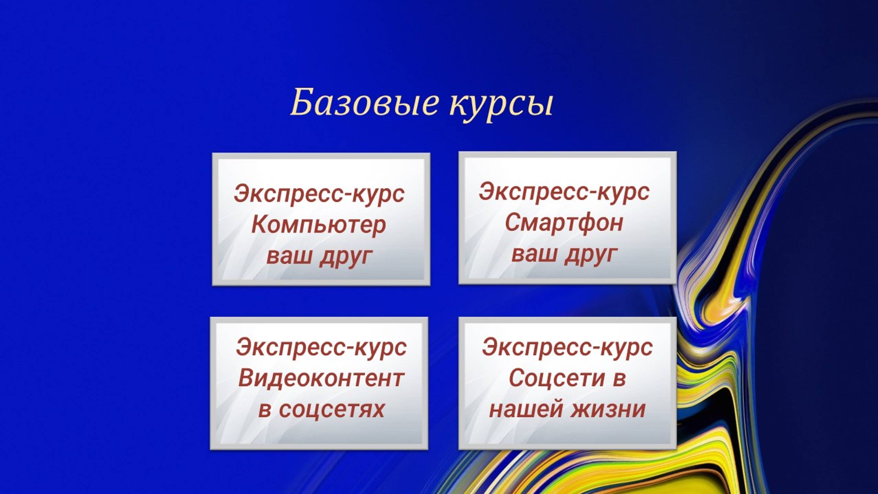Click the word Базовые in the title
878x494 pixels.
pos(365,102)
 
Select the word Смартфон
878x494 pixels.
pos(564,222)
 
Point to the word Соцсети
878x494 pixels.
pos(556,378)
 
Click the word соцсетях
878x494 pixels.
pos(331,409)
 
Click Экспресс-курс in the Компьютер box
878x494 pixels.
pos(319,194)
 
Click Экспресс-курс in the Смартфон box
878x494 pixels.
pos(564,191)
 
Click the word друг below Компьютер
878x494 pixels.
pos(345,256)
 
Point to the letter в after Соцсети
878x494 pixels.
pos(619,378)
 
